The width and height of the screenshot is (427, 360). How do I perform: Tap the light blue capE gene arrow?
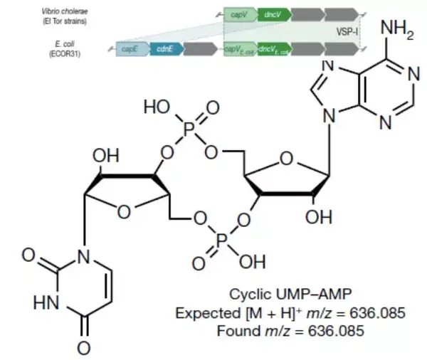click(130, 49)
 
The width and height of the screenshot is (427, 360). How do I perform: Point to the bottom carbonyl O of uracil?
click(84, 348)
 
